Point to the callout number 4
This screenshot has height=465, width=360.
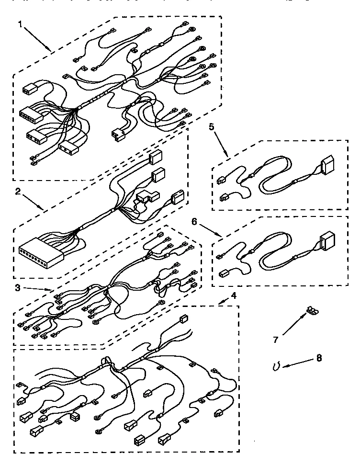[233, 295]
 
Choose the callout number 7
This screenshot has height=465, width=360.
[276, 340]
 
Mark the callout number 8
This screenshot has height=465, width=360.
[319, 357]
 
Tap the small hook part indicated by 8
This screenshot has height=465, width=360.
[276, 366]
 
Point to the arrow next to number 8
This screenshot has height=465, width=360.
[296, 364]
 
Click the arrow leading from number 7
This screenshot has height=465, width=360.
[293, 325]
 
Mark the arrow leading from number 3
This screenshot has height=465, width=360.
[38, 288]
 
